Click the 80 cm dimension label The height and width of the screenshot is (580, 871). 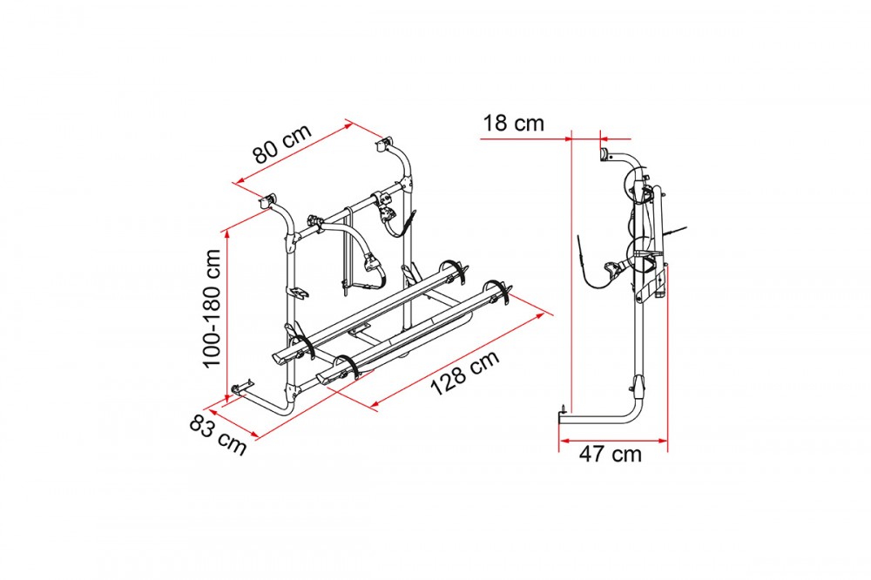(x=283, y=145)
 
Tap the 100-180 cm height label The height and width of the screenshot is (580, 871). (x=213, y=308)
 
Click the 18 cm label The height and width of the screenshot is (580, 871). (x=513, y=123)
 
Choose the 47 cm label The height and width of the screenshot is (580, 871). (x=610, y=454)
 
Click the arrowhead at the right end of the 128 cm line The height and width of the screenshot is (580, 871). (x=541, y=315)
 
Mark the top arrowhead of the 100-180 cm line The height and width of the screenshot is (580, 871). (x=227, y=234)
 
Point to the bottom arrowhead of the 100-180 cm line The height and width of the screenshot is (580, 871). (x=227, y=395)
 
